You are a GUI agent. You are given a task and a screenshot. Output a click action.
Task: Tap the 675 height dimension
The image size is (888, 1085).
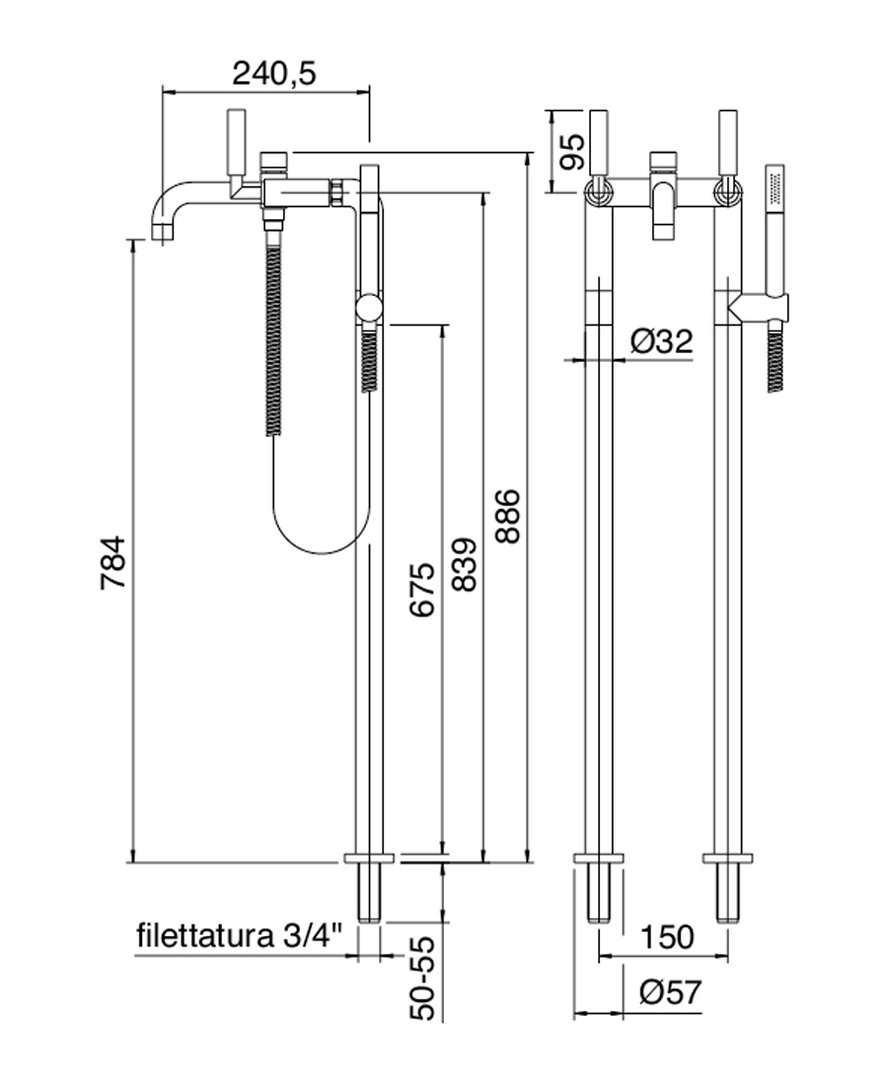coord(421,590)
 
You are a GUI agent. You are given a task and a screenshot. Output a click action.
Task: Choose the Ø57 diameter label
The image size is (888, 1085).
coord(667,992)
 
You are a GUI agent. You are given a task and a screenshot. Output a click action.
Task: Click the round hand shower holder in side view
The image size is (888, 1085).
coord(369,310)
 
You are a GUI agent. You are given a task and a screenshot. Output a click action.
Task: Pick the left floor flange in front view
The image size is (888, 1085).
coord(600,857)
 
